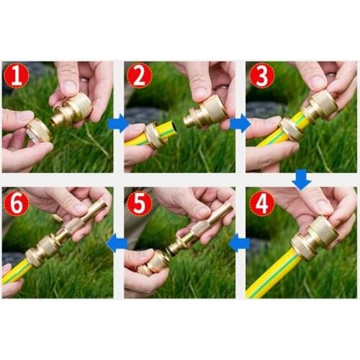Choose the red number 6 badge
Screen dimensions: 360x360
click(15, 202)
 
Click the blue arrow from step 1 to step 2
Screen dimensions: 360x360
click(117, 123)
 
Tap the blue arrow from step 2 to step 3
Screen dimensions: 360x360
click(240, 123)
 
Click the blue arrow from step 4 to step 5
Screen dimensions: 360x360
click(240, 243)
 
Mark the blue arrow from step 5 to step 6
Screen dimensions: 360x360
click(117, 243)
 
